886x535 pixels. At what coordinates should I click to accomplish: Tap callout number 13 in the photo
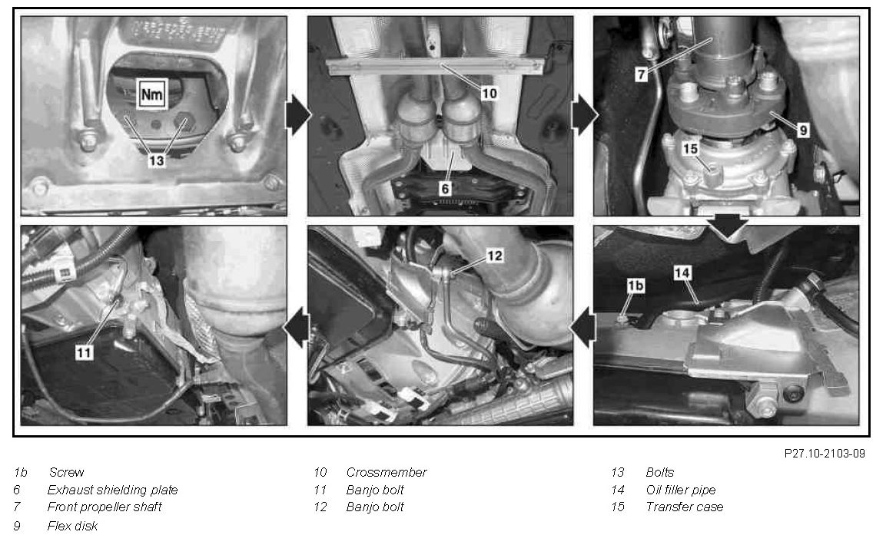coord(157,160)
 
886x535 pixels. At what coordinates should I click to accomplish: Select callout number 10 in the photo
coord(489,93)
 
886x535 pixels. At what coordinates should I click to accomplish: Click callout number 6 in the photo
coord(445,188)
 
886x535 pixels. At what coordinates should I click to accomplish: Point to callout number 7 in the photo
coord(641,74)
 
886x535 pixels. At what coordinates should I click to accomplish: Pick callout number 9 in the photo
coord(803,130)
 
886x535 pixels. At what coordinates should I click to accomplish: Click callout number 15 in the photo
coord(691,148)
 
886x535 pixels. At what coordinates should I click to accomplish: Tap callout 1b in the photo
coord(635,286)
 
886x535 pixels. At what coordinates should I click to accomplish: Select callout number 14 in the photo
coord(682,273)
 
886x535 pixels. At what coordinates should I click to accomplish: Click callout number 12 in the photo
coord(494,256)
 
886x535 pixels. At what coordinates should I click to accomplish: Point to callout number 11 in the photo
coord(84,353)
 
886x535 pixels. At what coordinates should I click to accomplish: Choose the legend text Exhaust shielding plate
coord(112,490)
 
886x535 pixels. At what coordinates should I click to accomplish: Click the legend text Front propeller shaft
coord(105,507)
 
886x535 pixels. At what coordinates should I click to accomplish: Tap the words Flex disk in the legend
coord(72,526)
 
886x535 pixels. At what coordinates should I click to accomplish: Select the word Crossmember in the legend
coord(387,472)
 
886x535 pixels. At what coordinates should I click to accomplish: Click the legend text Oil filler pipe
coord(681,490)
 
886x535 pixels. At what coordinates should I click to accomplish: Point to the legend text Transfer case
coord(684,507)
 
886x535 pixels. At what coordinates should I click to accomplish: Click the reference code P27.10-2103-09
coord(825,454)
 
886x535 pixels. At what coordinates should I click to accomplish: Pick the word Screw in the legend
coord(66,472)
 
